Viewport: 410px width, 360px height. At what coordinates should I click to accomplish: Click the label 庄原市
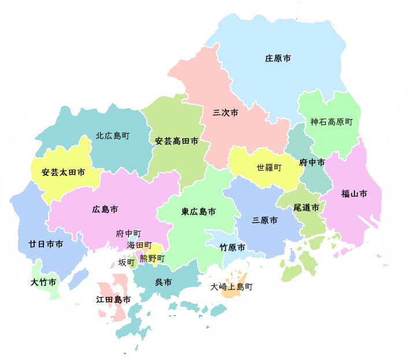278,58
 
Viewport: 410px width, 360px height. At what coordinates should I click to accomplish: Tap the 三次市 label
226,113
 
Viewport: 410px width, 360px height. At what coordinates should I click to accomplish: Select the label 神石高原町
331,122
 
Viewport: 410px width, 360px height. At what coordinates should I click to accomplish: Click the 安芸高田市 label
176,141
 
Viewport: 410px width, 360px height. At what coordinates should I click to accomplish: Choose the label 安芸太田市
63,172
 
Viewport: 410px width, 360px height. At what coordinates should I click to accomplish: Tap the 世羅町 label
269,168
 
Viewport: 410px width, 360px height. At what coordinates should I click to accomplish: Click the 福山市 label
353,194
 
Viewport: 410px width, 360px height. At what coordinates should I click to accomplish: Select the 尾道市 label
306,207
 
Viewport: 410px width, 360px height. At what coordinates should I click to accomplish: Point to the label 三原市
265,221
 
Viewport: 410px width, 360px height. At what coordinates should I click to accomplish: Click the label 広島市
105,208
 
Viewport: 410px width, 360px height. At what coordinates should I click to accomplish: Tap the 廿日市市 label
46,244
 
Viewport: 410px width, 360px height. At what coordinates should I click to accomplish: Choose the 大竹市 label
43,282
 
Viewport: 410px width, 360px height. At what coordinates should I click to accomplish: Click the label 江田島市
113,299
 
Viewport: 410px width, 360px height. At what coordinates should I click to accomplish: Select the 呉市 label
163,283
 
